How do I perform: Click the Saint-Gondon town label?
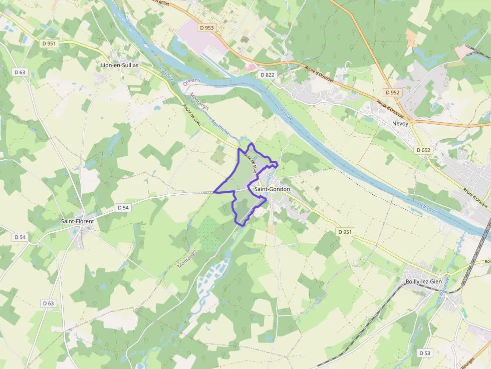click(272, 189)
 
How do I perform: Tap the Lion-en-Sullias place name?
click(120, 65)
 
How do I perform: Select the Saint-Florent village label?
click(77, 221)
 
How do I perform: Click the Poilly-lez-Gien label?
click(423, 282)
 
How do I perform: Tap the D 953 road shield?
click(206, 28)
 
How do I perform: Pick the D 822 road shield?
click(268, 75)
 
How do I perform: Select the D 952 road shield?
click(393, 93)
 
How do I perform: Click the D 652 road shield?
click(423, 150)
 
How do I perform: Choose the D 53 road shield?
click(424, 353)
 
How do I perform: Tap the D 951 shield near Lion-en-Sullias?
click(49, 44)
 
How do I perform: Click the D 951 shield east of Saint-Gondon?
click(345, 232)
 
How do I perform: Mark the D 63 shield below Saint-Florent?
click(48, 303)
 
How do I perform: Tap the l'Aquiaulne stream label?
click(219, 126)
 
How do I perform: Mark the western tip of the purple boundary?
click(214, 192)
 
